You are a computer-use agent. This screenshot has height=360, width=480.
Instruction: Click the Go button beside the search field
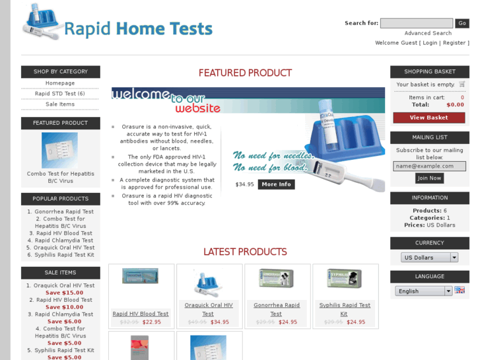(462, 23)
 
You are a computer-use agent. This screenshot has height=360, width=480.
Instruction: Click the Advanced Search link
(428, 33)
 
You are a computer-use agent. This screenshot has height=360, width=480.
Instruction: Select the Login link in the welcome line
(430, 43)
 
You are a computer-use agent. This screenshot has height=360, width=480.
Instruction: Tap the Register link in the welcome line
(454, 43)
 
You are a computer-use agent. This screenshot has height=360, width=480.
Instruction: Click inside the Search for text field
(416, 23)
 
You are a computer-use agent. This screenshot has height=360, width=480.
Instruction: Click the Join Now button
(429, 178)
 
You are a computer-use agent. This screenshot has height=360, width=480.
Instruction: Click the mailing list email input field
(430, 166)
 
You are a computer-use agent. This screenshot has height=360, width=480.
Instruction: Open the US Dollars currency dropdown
(429, 258)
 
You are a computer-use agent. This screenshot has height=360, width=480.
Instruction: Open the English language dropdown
(423, 291)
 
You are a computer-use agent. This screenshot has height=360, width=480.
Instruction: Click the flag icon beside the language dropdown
(460, 290)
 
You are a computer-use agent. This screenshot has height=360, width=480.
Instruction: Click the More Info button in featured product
(276, 184)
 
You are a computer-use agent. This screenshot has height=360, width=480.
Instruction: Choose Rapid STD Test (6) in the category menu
(60, 94)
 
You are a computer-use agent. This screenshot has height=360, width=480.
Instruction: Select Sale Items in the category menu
(60, 104)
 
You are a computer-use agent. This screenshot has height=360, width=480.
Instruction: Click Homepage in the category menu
(60, 83)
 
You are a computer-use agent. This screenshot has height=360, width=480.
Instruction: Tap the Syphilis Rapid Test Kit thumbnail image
(344, 279)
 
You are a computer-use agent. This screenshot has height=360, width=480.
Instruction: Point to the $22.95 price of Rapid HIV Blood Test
(152, 322)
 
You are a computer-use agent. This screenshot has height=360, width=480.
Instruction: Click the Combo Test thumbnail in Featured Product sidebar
(60, 150)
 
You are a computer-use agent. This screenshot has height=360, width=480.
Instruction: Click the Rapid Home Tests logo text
(138, 29)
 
